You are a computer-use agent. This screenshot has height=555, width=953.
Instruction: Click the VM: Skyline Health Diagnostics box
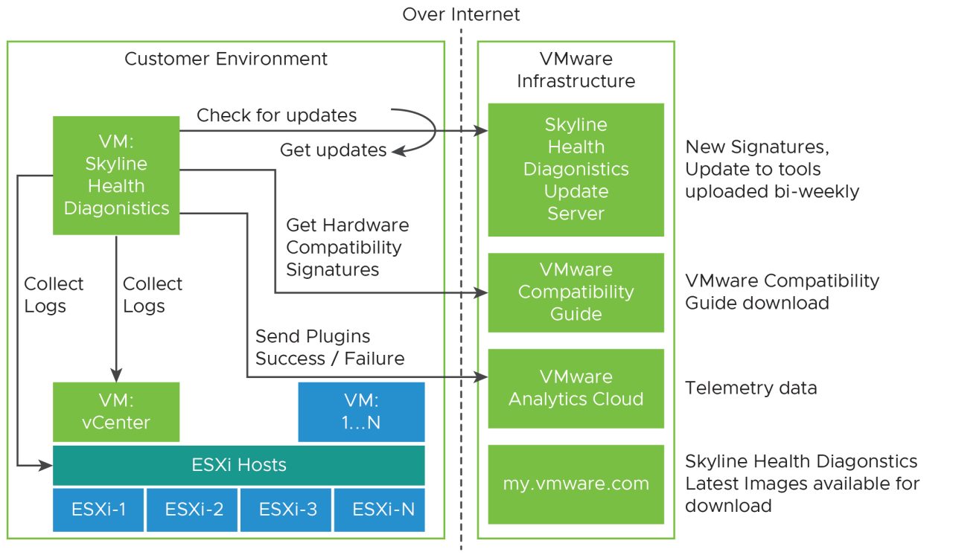[116, 175]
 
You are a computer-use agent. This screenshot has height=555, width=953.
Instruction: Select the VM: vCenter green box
[116, 411]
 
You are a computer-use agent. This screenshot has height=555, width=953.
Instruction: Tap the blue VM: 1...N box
[361, 411]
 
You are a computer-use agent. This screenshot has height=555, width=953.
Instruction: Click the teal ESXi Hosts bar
[239, 466]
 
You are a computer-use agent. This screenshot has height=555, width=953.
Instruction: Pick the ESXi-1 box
[98, 510]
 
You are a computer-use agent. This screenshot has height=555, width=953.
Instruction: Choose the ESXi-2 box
[192, 510]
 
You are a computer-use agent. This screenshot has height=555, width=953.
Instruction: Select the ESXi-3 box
[286, 510]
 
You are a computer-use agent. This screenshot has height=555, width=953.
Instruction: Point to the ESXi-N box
[380, 510]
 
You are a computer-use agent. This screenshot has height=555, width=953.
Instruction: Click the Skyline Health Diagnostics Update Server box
[576, 170]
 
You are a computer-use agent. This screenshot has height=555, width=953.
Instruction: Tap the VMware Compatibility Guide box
[576, 292]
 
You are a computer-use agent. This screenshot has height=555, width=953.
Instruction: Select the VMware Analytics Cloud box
[576, 388]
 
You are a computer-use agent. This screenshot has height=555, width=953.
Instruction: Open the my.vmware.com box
[576, 484]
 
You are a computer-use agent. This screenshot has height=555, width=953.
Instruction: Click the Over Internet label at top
[461, 14]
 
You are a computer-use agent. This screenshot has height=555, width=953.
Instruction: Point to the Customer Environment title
[226, 59]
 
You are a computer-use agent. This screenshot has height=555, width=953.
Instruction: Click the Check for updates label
[276, 115]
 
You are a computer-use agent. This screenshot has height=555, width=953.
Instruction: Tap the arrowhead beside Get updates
[398, 151]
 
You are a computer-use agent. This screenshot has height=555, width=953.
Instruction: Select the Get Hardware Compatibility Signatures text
[347, 246]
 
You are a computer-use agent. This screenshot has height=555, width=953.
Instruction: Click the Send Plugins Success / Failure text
[330, 347]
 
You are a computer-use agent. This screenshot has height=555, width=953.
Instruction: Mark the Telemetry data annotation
[750, 388]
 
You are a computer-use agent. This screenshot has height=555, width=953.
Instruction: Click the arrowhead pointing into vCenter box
[116, 376]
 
